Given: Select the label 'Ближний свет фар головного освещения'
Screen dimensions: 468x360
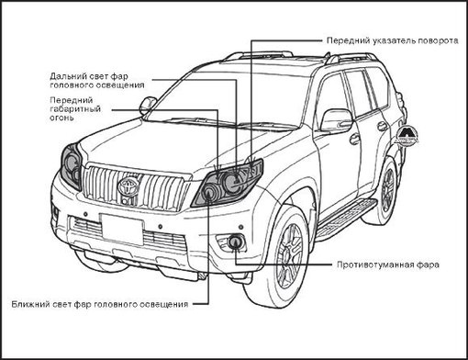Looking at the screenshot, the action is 100,303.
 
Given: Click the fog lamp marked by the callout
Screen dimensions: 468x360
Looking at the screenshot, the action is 235,243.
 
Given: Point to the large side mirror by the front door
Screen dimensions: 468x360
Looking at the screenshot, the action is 335,120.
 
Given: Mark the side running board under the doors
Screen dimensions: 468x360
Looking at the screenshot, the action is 349,215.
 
